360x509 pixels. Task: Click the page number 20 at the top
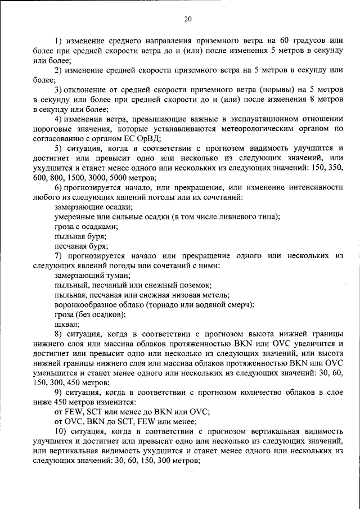tap(188, 19)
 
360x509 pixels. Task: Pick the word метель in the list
tap(217, 295)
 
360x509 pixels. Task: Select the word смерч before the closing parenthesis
tap(241, 305)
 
